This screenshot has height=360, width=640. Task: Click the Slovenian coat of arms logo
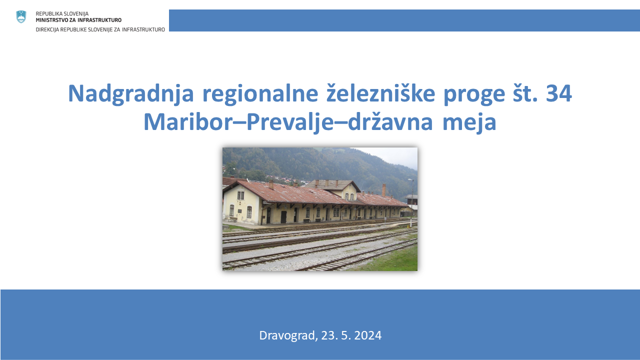click(21, 17)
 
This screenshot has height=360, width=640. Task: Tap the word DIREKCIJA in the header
click(47, 29)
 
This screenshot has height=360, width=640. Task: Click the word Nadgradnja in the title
click(131, 94)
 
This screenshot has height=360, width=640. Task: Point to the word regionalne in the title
click(260, 94)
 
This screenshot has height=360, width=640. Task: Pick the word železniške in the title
click(381, 93)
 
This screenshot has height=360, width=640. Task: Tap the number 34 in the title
click(558, 93)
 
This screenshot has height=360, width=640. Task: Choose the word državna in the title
click(390, 121)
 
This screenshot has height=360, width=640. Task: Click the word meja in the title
click(469, 122)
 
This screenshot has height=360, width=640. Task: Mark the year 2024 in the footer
click(367, 335)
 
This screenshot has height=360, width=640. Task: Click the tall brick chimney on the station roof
click(383, 190)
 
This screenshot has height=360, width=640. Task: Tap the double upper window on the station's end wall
click(241, 195)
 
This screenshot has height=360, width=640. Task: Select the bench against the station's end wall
click(233, 219)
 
